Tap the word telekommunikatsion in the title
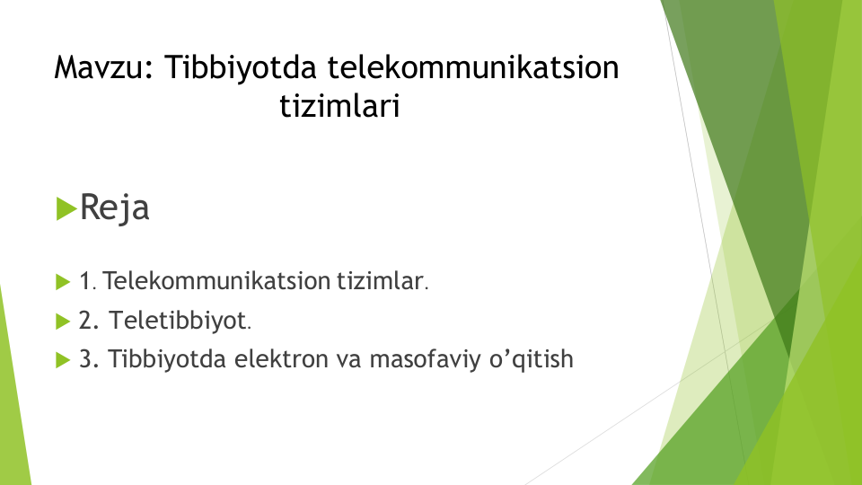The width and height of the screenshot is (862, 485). pyautogui.click(x=473, y=67)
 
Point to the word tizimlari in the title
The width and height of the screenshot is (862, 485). pyautogui.click(x=339, y=106)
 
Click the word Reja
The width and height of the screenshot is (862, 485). pyautogui.click(x=114, y=208)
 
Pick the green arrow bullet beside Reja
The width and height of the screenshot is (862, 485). pyautogui.click(x=66, y=209)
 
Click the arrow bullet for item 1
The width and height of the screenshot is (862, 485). pyautogui.click(x=63, y=282)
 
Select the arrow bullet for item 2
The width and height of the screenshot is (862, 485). pyautogui.click(x=63, y=322)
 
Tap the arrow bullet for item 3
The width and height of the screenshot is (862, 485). pyautogui.click(x=63, y=360)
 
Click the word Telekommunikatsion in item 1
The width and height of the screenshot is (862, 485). pyautogui.click(x=216, y=281)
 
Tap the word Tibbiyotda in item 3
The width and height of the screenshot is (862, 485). pyautogui.click(x=167, y=360)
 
